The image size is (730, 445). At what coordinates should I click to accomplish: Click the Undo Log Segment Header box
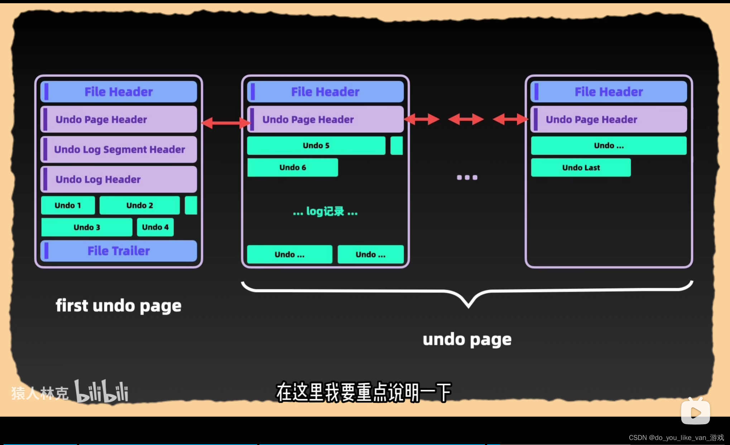tap(119, 149)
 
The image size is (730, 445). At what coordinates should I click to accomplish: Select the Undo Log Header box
tap(119, 179)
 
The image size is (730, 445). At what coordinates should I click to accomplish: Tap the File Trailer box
tap(119, 251)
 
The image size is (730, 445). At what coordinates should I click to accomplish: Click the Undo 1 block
tap(68, 205)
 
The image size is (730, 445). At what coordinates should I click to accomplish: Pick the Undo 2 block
tap(139, 205)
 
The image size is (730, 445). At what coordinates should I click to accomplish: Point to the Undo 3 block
tap(87, 227)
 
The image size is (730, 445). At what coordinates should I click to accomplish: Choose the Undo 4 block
tap(155, 227)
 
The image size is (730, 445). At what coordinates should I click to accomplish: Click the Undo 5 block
tap(316, 146)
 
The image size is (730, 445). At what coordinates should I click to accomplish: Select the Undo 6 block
tap(292, 167)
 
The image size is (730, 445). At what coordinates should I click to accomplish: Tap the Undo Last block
tap(581, 167)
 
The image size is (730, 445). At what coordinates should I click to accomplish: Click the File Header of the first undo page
tap(119, 92)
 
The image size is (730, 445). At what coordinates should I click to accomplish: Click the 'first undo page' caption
tap(119, 306)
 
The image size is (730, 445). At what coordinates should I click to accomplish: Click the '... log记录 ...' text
tap(325, 212)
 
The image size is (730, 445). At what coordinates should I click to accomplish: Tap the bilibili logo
tap(101, 392)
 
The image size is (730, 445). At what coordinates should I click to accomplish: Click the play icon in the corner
tap(695, 412)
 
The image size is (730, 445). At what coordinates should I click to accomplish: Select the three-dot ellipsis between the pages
tap(467, 177)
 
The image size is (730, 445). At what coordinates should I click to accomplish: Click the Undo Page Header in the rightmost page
tap(609, 119)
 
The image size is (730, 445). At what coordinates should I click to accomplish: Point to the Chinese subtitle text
tap(364, 392)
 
